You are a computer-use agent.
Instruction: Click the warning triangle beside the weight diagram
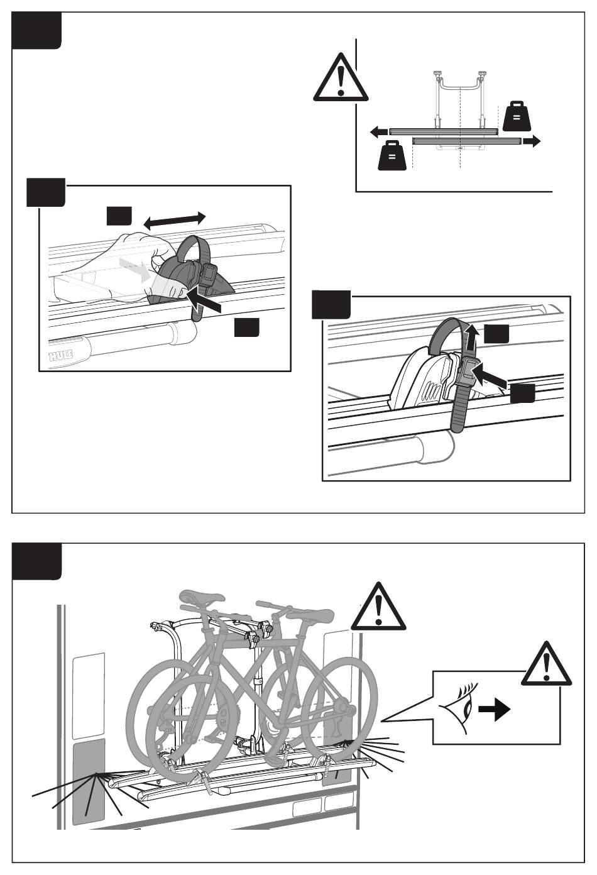point(339,79)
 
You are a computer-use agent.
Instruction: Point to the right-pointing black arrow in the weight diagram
point(531,142)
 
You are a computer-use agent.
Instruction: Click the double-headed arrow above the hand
point(174,219)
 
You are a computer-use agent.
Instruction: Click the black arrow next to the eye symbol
point(494,711)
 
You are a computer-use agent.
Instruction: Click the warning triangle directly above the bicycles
point(378,608)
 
